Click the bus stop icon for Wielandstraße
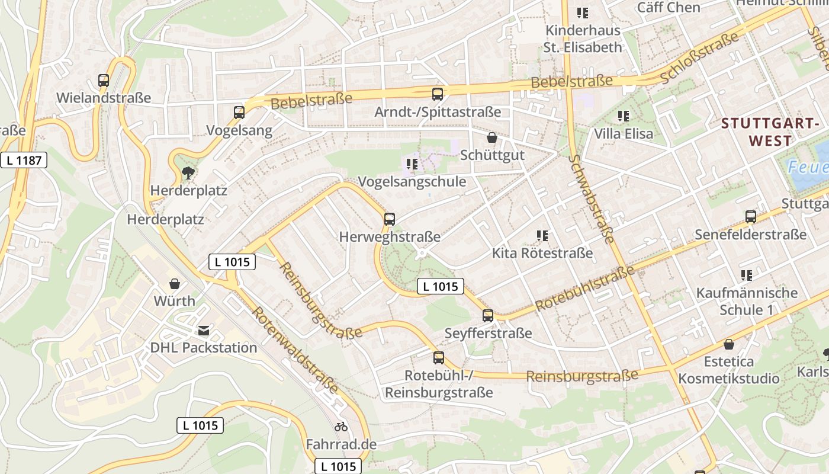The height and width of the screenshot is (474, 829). click(104, 81)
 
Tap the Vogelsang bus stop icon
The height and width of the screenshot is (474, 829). click(239, 113)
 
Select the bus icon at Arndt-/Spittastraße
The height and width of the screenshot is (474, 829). click(438, 94)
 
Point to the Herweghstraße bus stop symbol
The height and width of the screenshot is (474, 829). click(390, 219)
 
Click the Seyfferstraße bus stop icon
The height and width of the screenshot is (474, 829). click(488, 316)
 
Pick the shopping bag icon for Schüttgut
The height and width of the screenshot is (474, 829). click(491, 138)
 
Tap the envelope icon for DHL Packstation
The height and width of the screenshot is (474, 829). click(204, 331)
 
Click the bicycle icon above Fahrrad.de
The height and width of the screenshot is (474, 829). click(341, 427)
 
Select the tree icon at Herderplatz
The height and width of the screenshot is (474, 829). click(188, 173)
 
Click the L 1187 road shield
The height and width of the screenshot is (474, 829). click(24, 160)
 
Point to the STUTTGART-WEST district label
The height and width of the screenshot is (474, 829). click(770, 132)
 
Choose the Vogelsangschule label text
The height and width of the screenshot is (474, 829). click(413, 182)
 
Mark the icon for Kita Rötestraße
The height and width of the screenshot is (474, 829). click(542, 236)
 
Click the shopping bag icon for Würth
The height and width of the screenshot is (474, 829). click(175, 284)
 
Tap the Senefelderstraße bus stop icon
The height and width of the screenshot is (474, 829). click(751, 217)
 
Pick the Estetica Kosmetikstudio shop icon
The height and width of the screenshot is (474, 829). click(729, 344)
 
